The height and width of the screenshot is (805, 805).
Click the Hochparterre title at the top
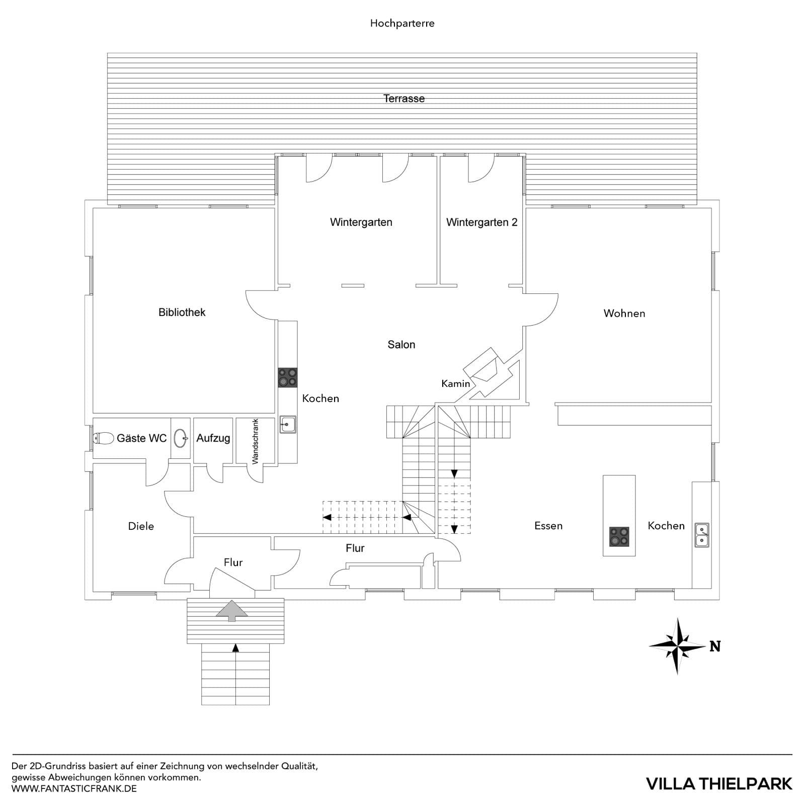[402, 23]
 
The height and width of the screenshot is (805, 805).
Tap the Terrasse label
[404, 99]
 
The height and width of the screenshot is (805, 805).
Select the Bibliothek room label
[182, 312]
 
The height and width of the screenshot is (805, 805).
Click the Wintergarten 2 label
[481, 222]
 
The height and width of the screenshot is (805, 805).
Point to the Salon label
[401, 345]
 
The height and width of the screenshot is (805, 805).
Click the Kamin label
[455, 384]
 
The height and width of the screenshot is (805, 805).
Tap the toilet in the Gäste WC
[104, 438]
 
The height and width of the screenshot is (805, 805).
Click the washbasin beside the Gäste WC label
[181, 438]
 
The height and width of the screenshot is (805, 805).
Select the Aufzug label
[213, 438]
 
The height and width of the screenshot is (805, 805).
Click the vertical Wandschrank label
[256, 441]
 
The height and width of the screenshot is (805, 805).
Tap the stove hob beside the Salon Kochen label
[287, 377]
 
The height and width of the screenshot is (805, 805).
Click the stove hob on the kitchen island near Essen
[619, 536]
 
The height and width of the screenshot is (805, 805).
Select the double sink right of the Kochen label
[702, 535]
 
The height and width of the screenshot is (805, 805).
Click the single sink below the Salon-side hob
[287, 424]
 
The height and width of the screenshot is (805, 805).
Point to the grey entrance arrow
[232, 610]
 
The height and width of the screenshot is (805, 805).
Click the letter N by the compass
[715, 647]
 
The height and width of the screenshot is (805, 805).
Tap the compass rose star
[677, 646]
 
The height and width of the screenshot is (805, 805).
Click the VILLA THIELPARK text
[719, 783]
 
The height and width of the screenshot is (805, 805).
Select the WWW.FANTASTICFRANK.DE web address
[74, 788]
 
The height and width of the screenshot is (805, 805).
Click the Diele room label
[141, 526]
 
